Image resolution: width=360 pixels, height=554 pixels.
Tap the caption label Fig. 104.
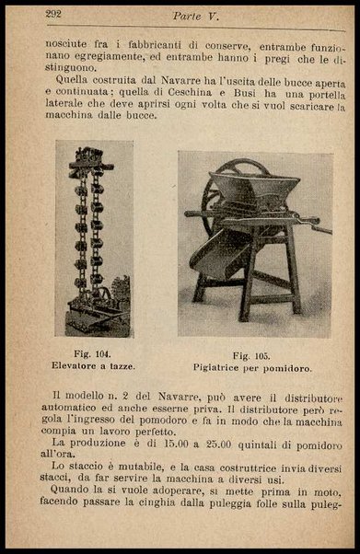pyautogui.click(x=94, y=352)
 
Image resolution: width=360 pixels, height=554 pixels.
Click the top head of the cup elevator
pyautogui.click(x=91, y=160)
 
